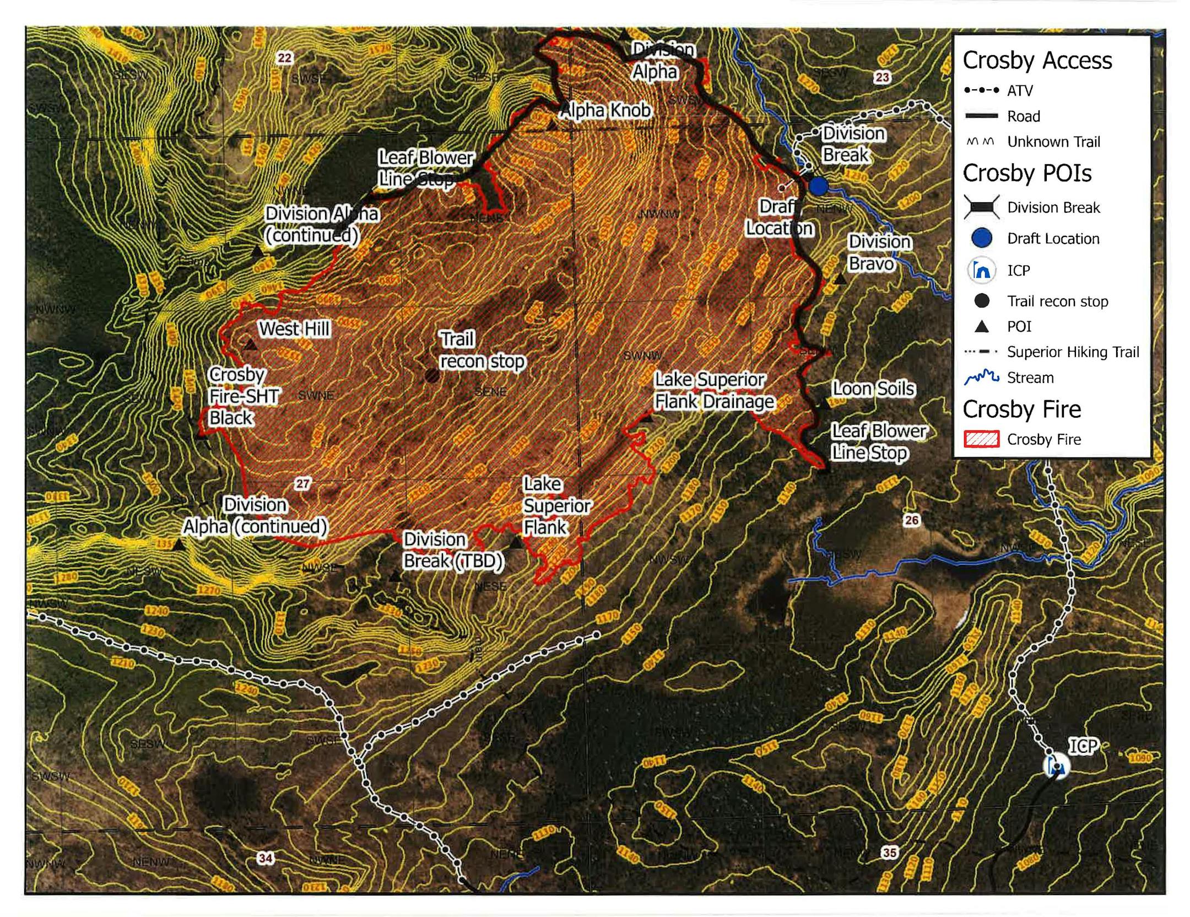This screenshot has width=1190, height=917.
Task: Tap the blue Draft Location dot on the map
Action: [818, 186]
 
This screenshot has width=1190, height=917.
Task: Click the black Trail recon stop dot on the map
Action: [432, 376]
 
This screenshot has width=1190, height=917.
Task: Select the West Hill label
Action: [294, 329]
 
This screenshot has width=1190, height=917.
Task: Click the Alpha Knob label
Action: [605, 111]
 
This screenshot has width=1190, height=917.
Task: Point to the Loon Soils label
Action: [873, 389]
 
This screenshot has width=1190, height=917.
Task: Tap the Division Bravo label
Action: [879, 253]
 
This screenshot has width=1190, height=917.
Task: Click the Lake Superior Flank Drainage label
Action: [713, 391]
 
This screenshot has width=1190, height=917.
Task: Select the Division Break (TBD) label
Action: [453, 550]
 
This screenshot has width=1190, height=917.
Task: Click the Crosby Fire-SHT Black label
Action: [244, 396]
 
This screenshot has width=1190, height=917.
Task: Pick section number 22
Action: [285, 58]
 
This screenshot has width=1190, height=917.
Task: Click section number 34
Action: [266, 858]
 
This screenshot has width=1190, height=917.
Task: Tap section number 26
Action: [912, 520]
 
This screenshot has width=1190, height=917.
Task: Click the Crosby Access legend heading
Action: [1037, 60]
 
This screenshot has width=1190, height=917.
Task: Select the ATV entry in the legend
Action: [1019, 90]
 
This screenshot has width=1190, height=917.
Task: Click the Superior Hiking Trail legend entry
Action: [1072, 352]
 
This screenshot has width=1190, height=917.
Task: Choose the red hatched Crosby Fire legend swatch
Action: [981, 439]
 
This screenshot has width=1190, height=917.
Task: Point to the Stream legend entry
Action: [1030, 377]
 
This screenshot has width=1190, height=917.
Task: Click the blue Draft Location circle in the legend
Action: [981, 238]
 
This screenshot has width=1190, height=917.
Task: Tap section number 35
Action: [889, 853]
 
